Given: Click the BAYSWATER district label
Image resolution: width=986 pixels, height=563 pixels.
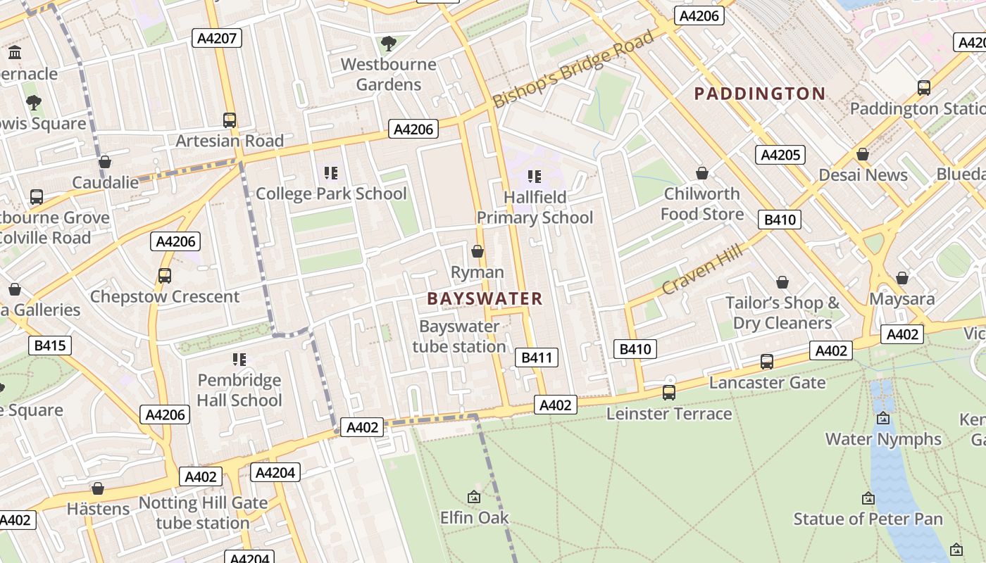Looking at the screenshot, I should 485,298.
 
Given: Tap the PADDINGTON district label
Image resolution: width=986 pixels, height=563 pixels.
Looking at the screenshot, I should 759,94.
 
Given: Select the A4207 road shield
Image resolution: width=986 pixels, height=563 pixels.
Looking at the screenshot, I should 217,38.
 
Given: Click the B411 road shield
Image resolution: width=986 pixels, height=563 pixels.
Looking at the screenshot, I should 536,358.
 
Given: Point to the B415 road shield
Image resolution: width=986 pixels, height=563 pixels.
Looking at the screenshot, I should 49,345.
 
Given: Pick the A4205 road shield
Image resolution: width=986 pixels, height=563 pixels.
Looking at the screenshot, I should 780,155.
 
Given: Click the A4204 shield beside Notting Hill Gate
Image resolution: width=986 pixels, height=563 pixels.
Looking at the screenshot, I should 275,472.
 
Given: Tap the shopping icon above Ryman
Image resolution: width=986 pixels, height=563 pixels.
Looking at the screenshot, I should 478,251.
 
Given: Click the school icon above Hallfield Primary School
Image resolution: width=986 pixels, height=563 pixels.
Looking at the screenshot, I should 535,176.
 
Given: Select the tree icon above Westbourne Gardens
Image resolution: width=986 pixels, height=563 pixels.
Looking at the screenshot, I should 387,44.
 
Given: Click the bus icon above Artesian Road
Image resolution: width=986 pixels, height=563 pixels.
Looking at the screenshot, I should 229,120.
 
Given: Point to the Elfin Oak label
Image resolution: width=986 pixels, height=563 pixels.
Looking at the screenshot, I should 474,518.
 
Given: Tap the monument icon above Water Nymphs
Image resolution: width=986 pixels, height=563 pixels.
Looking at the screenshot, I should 882,418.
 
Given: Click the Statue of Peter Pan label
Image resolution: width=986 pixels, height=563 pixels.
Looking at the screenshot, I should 868,519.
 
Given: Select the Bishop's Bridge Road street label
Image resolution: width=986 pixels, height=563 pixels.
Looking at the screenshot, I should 573,69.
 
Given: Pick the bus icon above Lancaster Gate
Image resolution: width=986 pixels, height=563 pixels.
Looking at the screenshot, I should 766,362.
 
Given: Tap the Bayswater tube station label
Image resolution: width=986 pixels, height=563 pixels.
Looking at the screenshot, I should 459,336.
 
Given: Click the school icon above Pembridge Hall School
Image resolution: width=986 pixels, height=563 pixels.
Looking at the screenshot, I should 239,360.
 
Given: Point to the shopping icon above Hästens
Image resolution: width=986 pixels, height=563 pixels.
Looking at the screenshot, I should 98,488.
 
